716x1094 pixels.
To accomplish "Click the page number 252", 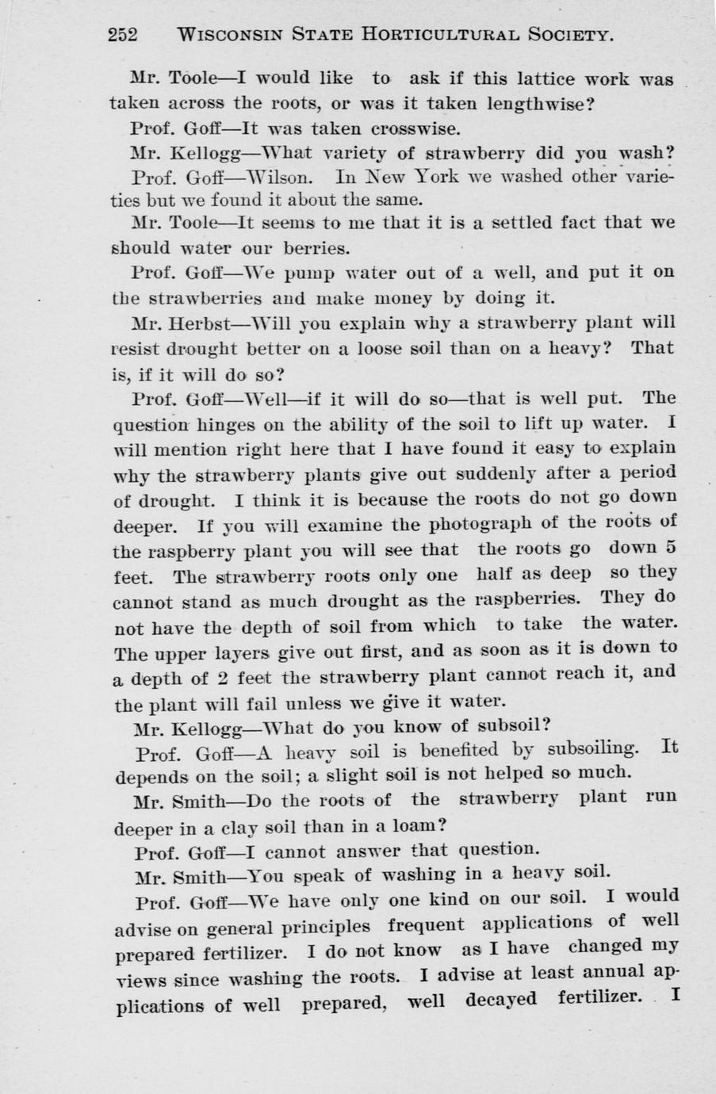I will click(123, 35).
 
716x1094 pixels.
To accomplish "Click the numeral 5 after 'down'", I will click(670, 548).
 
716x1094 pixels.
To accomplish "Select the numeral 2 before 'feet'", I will click(224, 677).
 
